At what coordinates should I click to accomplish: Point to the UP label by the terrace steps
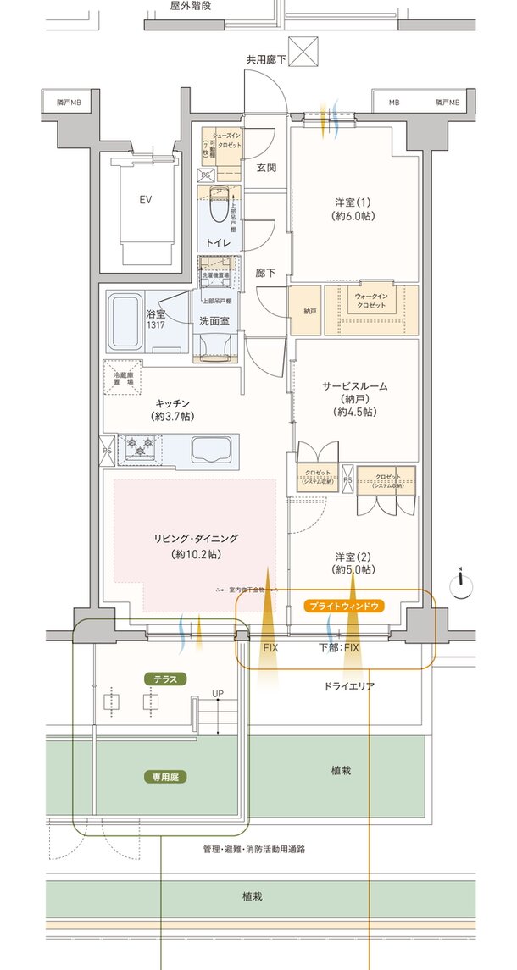[218, 695]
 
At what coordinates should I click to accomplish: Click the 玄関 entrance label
[266, 167]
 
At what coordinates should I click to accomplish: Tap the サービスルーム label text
[354, 386]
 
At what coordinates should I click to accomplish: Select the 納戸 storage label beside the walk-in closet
[309, 311]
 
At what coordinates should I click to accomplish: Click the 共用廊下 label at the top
[267, 60]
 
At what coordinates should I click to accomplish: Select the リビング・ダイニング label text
[196, 538]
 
